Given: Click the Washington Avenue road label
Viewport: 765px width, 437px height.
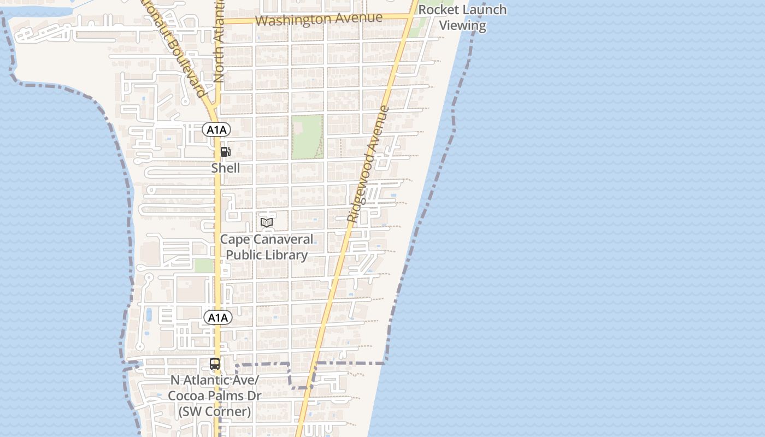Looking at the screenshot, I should pyautogui.click(x=319, y=19).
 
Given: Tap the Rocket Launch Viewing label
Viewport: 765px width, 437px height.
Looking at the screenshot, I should pyautogui.click(x=462, y=17).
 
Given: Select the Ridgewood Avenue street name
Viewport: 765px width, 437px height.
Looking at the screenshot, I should pyautogui.click(x=368, y=164).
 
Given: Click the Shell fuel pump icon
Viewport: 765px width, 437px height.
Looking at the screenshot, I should pyautogui.click(x=225, y=152).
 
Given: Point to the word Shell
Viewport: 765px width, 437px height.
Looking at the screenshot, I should pyautogui.click(x=226, y=168).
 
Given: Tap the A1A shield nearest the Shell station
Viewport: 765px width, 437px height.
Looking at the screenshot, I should pyautogui.click(x=216, y=129).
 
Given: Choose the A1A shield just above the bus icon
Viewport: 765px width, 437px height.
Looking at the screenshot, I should pyautogui.click(x=217, y=317).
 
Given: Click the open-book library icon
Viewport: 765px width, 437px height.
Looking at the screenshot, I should pyautogui.click(x=267, y=222).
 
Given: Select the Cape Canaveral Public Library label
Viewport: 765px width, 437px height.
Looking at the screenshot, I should pyautogui.click(x=267, y=247).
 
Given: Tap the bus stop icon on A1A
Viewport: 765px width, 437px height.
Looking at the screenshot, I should pyautogui.click(x=215, y=363).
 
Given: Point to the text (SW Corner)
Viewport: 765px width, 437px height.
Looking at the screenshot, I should pyautogui.click(x=215, y=411).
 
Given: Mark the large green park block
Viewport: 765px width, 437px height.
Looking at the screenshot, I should pyautogui.click(x=307, y=137).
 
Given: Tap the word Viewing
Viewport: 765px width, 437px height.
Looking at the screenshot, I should pyautogui.click(x=463, y=25).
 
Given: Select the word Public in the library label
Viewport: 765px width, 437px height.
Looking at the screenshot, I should pyautogui.click(x=244, y=255).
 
